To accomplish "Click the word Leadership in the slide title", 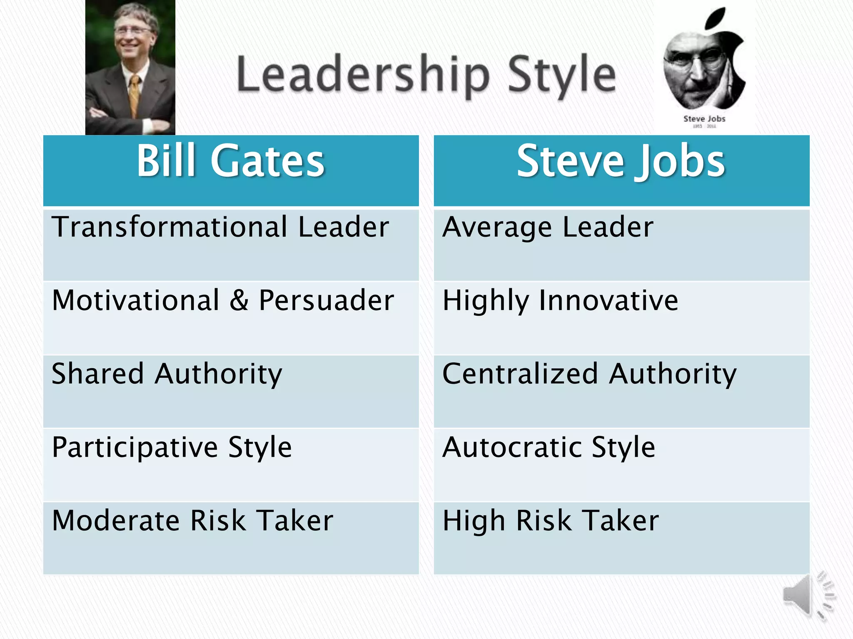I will point(362,75).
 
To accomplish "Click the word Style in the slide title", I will point(561,75).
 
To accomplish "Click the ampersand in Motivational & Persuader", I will point(239,300).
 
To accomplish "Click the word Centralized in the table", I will point(520,374).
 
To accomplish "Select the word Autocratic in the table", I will point(512,447).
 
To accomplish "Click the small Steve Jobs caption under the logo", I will point(704,119).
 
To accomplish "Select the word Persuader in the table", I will point(326,300).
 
